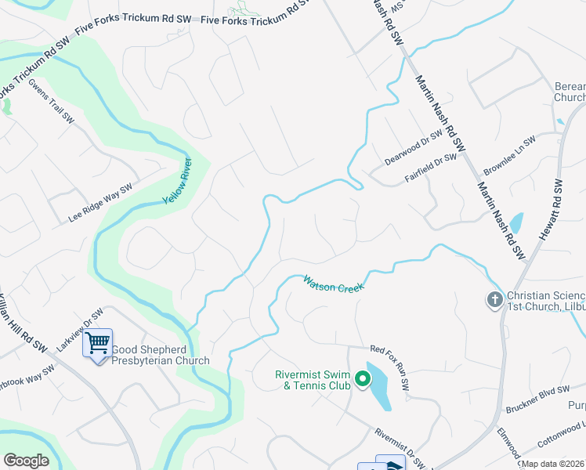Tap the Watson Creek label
tap(335, 284)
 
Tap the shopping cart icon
tap(97, 343)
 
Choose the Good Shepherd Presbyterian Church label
tap(161, 356)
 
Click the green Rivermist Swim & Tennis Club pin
tap(362, 380)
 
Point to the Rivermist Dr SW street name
tap(400, 446)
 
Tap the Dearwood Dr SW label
tap(414, 148)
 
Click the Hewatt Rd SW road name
tap(552, 209)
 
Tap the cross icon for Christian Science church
tap(494, 300)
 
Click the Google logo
tap(27, 460)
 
